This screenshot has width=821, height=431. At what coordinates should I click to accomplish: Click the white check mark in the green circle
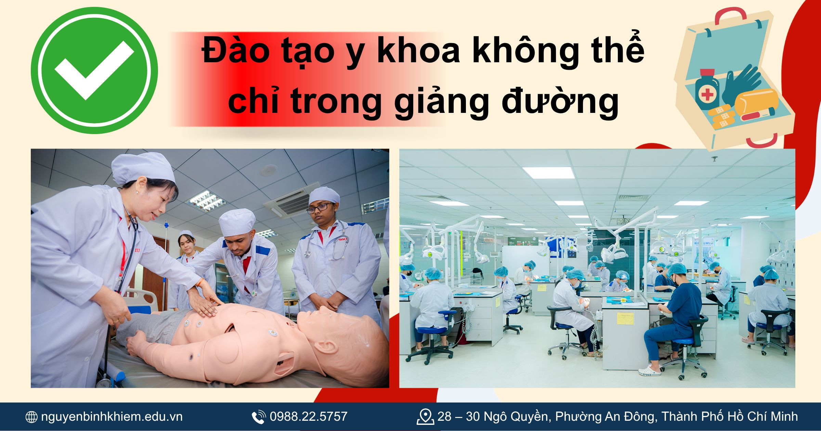point(94,70)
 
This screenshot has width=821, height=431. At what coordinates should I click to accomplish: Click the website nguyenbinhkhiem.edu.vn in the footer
point(112,417)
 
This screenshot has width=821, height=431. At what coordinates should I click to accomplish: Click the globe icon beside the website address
point(31,417)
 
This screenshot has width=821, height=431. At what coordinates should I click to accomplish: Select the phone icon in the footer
point(259,417)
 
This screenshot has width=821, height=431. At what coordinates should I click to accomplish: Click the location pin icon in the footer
point(425,417)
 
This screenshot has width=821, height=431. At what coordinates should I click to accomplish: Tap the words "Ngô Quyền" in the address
point(516,417)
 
